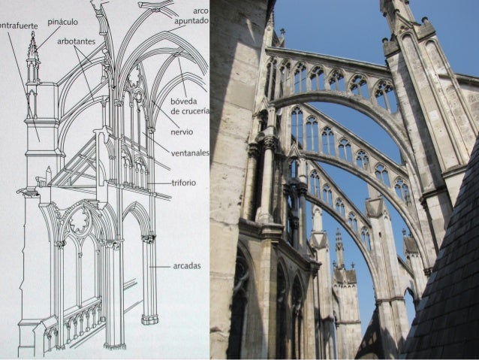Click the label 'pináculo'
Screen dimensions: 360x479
tap(63, 23)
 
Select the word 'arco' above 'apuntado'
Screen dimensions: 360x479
tap(200, 11)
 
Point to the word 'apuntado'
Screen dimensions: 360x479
tap(191, 21)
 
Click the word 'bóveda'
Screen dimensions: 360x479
tap(184, 101)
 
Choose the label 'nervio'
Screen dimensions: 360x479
tap(181, 132)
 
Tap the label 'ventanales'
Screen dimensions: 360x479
tap(190, 153)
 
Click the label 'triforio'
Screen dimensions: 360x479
tap(183, 183)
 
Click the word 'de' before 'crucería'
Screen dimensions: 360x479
tap(175, 111)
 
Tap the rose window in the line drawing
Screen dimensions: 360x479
tap(80, 220)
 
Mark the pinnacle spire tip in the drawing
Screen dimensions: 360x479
tap(32, 35)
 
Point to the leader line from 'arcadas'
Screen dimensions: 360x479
tap(161, 266)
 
